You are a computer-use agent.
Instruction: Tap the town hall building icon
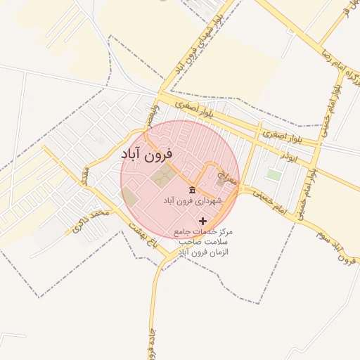point(192,190)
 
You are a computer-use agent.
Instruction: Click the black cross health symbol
point(204,221)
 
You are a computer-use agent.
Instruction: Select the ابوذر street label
point(289,154)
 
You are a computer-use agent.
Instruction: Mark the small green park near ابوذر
point(274,174)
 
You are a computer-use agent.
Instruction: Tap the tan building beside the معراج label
point(224,181)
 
